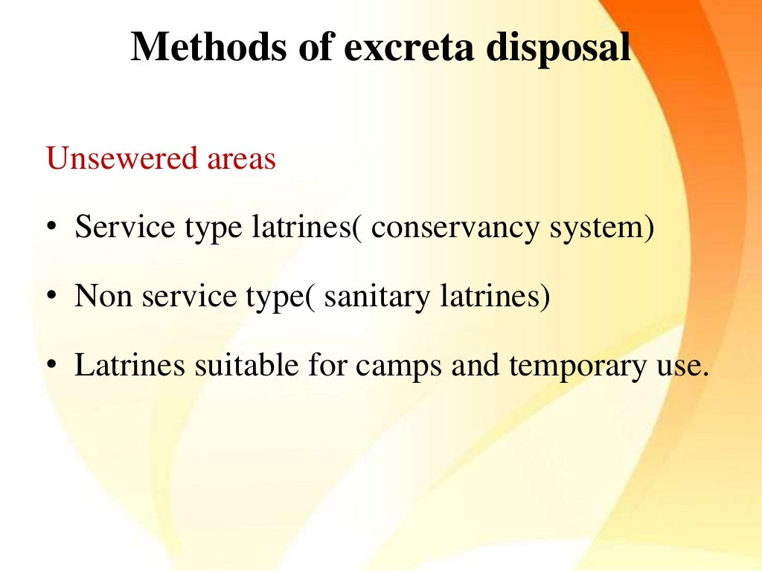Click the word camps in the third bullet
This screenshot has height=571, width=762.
click(x=394, y=367)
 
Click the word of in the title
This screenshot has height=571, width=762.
click(x=314, y=48)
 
